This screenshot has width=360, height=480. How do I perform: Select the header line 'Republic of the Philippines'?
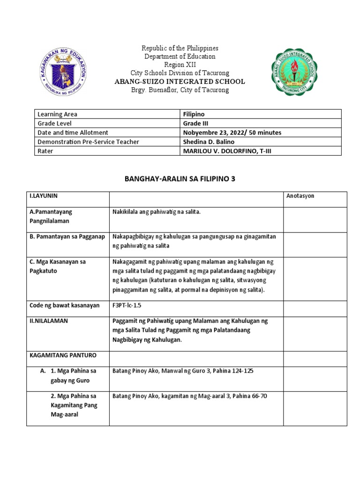pos(180,48)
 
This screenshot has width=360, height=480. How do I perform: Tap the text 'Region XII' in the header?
pos(180,65)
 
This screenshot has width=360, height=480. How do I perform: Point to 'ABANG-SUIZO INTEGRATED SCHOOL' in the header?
pos(180,82)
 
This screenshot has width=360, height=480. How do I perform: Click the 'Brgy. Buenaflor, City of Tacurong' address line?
pos(180,90)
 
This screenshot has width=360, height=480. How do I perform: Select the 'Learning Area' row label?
pos(58,114)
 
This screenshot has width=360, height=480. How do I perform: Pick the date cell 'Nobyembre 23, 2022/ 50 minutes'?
pos(232,133)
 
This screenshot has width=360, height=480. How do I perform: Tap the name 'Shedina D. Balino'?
pos(209,142)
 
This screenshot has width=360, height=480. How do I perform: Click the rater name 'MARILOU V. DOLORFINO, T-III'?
pos(226,151)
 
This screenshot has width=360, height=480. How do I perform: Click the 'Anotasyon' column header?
pos(300,196)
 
